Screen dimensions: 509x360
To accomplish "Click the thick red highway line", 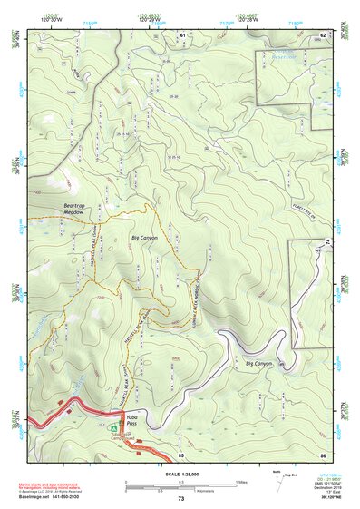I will click(x=54, y=424).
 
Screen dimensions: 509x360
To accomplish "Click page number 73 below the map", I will click(x=180, y=499).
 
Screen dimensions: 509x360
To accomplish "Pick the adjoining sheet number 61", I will click(x=181, y=34).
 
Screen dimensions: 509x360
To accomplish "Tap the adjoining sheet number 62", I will click(x=322, y=34).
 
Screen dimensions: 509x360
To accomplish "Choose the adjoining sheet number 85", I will click(x=181, y=453).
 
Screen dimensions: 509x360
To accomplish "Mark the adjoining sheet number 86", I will click(x=322, y=453).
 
